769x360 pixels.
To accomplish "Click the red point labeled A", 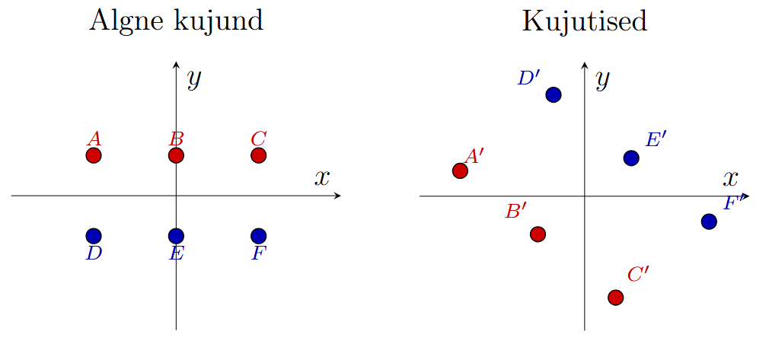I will point(94,155).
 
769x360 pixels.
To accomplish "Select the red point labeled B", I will point(176,155).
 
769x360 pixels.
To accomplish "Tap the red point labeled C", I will point(258,155).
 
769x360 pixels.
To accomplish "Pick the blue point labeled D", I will point(94,236).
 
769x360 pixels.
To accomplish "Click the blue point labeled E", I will point(176,236).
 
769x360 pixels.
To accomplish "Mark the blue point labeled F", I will point(258,236).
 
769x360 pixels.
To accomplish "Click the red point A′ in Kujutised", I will point(460,170).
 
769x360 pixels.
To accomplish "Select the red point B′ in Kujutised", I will point(538,234).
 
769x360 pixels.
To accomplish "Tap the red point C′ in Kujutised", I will point(615,297).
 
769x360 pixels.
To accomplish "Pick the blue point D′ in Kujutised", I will point(554,94).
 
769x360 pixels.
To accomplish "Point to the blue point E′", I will point(631,158).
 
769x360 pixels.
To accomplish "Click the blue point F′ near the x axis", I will point(709,221).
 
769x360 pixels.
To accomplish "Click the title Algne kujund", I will point(176,21).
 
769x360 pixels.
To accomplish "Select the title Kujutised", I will point(584,21).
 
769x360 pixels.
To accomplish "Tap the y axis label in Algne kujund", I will point(193,78).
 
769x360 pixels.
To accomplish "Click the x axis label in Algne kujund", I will point(322,178).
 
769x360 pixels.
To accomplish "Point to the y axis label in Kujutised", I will point(602,78).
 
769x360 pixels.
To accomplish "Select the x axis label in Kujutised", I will point(731,179).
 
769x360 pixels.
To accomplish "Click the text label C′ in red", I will point(638,274).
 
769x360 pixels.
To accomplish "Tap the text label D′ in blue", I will point(528,78).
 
